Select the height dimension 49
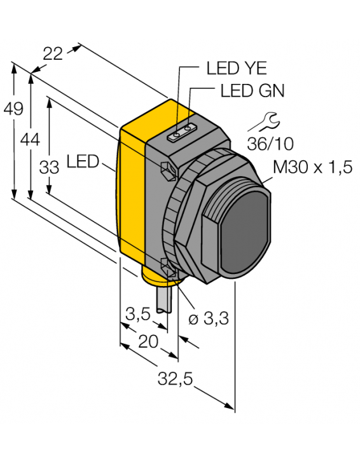point(13,109)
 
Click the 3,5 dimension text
point(139,313)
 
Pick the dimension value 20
point(148,341)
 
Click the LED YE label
point(237,68)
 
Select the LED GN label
point(252,91)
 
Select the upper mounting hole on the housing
point(167,170)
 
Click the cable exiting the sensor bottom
point(162,299)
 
